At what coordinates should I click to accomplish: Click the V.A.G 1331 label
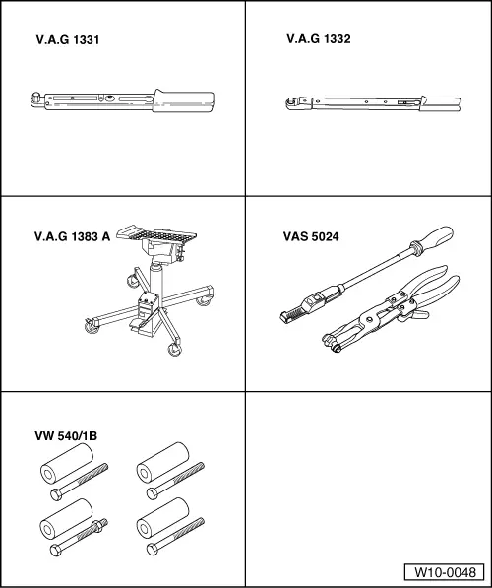tap(68, 40)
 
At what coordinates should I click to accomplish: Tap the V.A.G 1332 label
tap(319, 39)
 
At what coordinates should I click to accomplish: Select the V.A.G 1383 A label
tap(72, 236)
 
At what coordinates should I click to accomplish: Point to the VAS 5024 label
tap(311, 236)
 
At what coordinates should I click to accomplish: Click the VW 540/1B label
tap(66, 436)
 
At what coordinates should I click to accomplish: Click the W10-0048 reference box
tap(445, 572)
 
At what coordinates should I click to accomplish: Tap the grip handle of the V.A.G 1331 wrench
tap(184, 100)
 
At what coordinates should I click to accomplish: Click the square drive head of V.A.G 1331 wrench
tap(36, 99)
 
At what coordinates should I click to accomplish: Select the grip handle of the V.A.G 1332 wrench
tap(441, 103)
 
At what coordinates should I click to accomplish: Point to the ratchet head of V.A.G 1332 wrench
tap(293, 103)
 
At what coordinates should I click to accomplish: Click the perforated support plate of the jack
tap(156, 234)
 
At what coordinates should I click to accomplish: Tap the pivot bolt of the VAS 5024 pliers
tap(371, 320)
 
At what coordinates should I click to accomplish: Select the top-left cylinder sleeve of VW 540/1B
tap(67, 463)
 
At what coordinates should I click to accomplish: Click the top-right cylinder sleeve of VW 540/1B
tap(162, 462)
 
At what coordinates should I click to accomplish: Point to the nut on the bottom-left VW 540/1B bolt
tap(98, 525)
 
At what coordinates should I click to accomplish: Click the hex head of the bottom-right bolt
tap(153, 550)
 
